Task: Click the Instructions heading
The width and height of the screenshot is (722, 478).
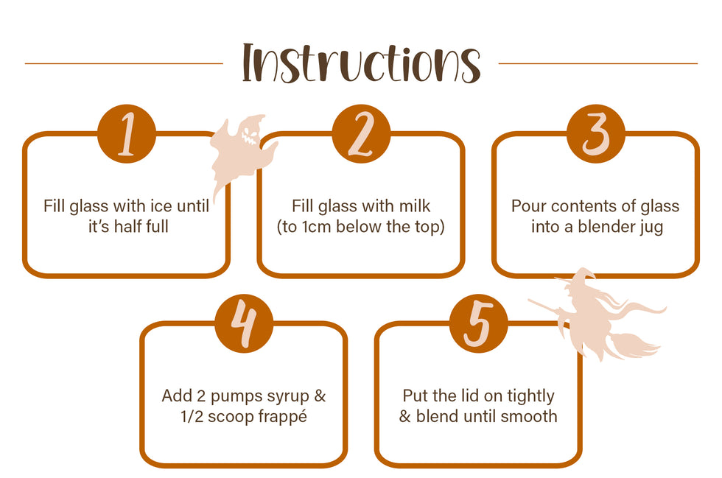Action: click(362, 63)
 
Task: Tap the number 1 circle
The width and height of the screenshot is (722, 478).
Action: click(127, 133)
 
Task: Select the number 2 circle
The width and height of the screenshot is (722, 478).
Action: click(361, 133)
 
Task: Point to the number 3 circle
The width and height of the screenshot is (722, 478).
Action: click(596, 133)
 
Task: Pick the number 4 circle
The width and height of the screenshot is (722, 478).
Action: click(244, 323)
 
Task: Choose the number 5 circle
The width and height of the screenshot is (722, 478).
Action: click(478, 323)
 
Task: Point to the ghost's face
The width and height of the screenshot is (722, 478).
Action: click(250, 133)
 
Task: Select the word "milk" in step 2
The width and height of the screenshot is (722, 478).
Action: click(414, 205)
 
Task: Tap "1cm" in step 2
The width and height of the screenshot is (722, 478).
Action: click(317, 227)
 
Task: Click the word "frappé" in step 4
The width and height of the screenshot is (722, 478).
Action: click(282, 417)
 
